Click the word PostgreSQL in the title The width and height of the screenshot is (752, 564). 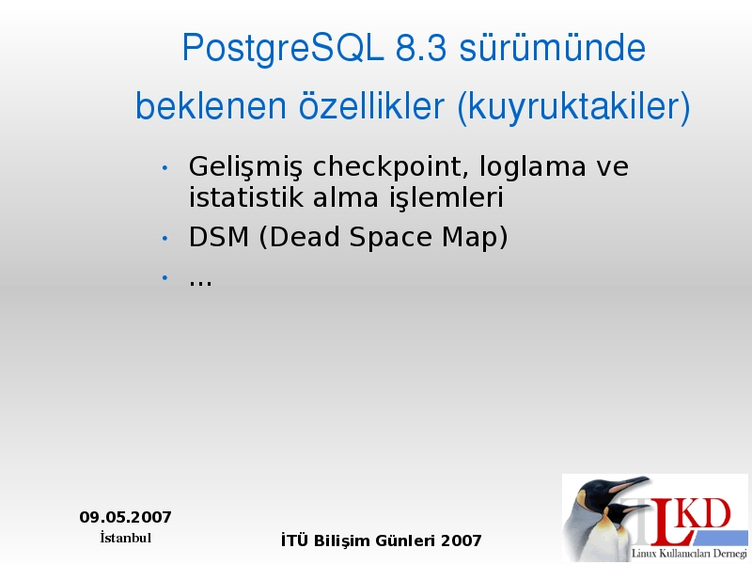[283, 49]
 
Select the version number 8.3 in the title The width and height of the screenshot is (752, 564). [421, 48]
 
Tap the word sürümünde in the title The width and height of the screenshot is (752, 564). [553, 48]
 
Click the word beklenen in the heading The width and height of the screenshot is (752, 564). [211, 105]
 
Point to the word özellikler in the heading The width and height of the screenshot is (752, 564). [371, 105]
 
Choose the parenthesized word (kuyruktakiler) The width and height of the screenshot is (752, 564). [574, 107]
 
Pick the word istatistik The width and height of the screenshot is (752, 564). [245, 197]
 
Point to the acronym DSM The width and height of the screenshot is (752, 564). [219, 237]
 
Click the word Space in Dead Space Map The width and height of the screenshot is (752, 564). [390, 238]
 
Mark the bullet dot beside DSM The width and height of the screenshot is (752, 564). [164, 238]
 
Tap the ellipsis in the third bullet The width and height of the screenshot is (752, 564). [200, 284]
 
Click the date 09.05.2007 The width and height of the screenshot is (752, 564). [125, 517]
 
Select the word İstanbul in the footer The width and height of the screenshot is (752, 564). [125, 538]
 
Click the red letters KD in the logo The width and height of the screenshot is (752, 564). [706, 513]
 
